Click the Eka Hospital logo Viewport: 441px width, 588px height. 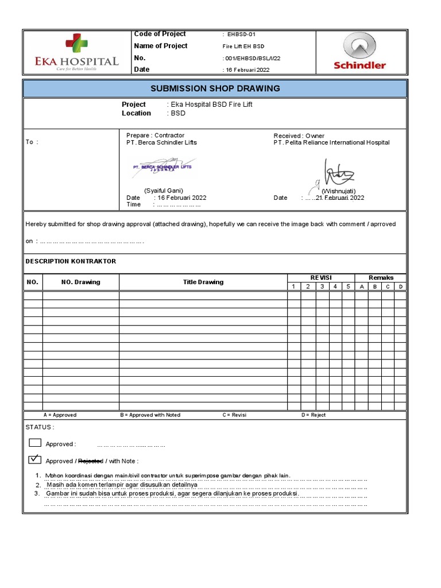pos(78,53)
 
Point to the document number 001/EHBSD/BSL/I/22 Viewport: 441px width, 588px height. pos(252,59)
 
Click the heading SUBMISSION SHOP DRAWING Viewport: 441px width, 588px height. pos(215,88)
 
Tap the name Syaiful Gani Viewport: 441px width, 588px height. pos(163,190)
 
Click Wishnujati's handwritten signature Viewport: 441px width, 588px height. pos(339,173)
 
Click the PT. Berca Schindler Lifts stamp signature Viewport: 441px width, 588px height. pos(163,168)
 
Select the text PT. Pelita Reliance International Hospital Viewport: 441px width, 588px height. pos(331,142)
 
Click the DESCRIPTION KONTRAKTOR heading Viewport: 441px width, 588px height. pos(71,261)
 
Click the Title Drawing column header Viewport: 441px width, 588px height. pos(203,282)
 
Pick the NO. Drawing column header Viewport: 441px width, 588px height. pos(80,282)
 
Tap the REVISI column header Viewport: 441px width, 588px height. pos(321,277)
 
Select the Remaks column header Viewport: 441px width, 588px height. pos(381,277)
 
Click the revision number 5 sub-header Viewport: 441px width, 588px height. pos(348,287)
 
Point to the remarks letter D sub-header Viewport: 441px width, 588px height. pos(401,287)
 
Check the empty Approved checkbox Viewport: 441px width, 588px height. pos(35,442)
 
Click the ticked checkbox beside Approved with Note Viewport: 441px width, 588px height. pos(35,459)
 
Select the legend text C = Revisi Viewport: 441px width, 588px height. pos(234,415)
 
